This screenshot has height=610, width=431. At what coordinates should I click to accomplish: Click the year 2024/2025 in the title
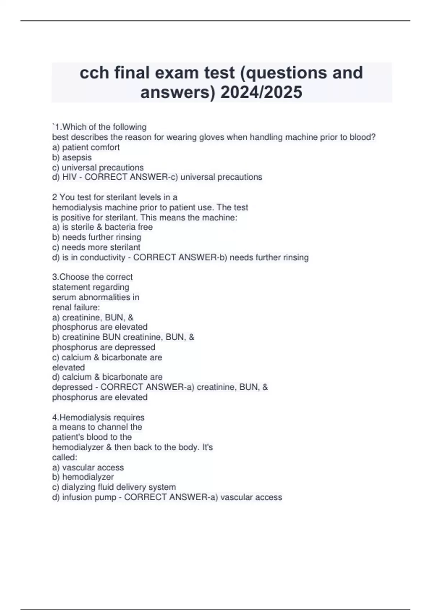(261, 92)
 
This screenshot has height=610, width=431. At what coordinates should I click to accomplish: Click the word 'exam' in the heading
(177, 72)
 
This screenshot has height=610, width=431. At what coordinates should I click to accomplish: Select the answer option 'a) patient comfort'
(86, 147)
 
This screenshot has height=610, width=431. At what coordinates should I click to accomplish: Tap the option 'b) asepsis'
(72, 157)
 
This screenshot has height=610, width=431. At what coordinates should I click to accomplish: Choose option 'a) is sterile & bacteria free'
(102, 227)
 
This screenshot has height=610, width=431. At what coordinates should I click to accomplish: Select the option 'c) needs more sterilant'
(96, 247)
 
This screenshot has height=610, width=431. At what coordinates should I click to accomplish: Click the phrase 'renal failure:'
(76, 307)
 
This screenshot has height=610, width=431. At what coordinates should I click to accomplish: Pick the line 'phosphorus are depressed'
(103, 347)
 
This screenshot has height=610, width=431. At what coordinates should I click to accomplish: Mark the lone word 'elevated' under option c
(68, 367)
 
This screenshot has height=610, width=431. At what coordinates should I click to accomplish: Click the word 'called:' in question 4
(65, 457)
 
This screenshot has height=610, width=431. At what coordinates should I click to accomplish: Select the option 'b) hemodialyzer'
(83, 477)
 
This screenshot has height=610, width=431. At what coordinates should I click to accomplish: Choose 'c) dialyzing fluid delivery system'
(114, 487)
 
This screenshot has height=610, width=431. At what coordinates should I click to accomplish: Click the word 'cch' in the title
(94, 72)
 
